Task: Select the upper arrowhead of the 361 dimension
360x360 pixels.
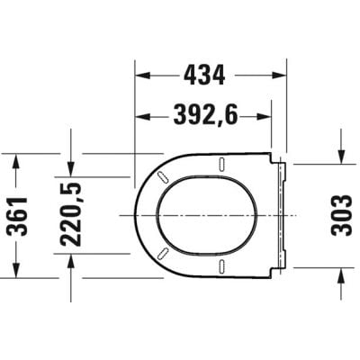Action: click(18, 159)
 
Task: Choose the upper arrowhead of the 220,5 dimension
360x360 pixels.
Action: click(72, 166)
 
